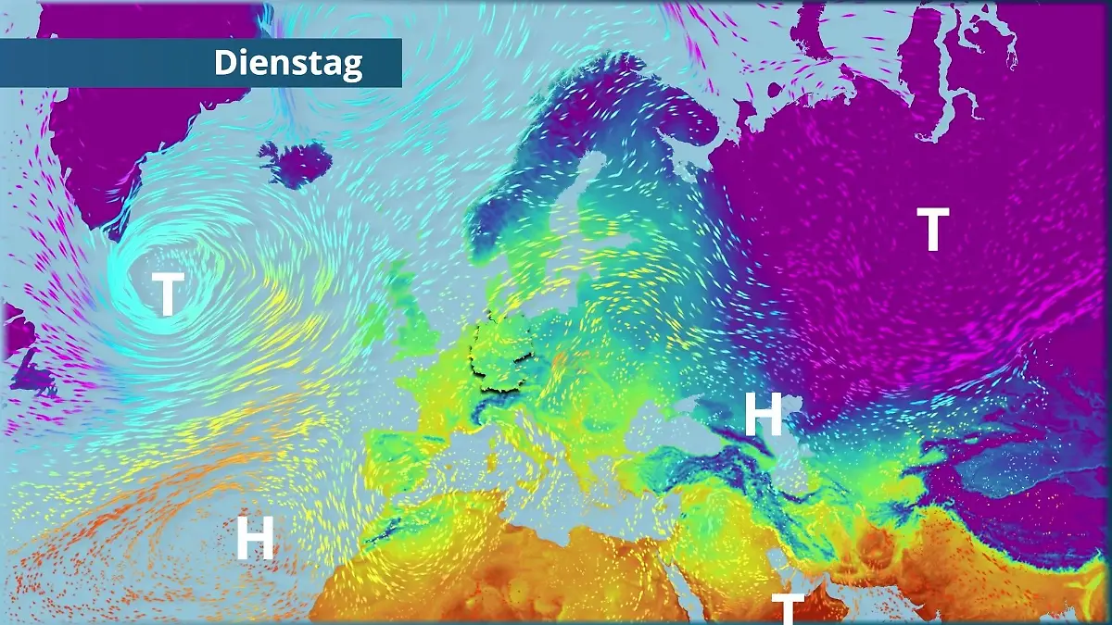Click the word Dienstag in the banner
click(x=288, y=63)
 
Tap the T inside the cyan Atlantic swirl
click(x=167, y=294)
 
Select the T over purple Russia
click(x=932, y=231)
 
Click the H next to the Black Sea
click(x=764, y=416)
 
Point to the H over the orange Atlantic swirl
click(x=255, y=539)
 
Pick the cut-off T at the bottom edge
click(x=788, y=609)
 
